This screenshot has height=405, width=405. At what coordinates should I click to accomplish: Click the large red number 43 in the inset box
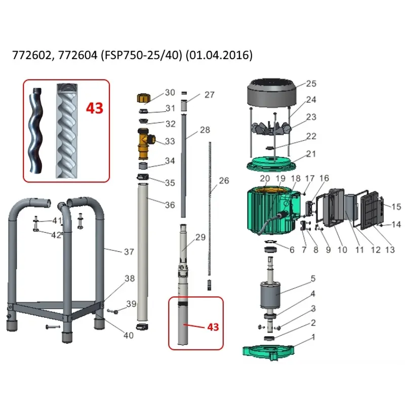point(95,108)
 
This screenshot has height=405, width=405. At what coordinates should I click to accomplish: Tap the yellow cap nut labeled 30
point(144,98)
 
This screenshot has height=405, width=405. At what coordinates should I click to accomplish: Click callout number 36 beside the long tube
point(170,205)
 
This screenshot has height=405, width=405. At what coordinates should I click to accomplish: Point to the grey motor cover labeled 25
point(272,93)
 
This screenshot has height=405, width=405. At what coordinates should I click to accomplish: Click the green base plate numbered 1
point(268,352)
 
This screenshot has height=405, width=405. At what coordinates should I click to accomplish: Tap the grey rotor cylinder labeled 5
point(270,295)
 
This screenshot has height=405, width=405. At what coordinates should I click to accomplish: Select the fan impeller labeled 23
point(271,129)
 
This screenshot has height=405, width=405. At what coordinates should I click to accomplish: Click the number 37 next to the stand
point(129,252)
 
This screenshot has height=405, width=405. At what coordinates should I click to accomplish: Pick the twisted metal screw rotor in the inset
point(35,131)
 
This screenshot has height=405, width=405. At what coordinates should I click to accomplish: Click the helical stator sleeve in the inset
point(66,131)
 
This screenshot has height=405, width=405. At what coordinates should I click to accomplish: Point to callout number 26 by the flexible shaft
point(224,181)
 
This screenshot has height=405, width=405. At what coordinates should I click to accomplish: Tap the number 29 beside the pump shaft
point(200,237)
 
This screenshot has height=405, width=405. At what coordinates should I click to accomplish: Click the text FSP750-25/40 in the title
point(142,55)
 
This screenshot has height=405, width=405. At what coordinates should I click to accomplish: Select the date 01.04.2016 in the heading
point(219,55)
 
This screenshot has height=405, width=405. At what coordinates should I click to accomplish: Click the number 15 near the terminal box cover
point(396,207)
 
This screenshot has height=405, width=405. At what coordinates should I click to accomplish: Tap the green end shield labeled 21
point(271,164)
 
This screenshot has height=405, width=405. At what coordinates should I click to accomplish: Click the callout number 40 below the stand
point(129,335)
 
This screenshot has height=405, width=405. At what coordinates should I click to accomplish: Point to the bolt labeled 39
point(112,311)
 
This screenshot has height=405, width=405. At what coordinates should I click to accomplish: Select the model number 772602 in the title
point(32,55)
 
